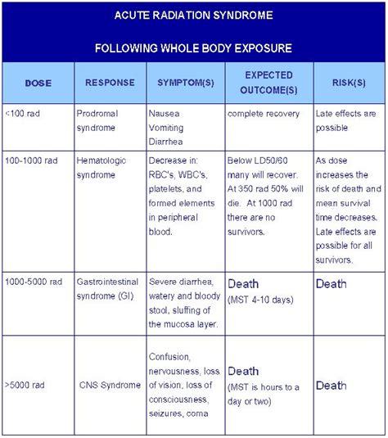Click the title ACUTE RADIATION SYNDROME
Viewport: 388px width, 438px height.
coord(194,16)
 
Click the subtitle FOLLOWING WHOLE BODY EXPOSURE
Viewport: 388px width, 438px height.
coord(194,47)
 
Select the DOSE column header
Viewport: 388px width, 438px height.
coord(38,83)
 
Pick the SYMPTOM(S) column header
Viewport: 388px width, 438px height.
coord(186,83)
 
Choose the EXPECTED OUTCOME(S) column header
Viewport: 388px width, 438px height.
coord(269,83)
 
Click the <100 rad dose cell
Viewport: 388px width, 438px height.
coord(23,113)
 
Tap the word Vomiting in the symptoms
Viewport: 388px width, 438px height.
coord(166,128)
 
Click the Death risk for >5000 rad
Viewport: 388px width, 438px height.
coord(332,385)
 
